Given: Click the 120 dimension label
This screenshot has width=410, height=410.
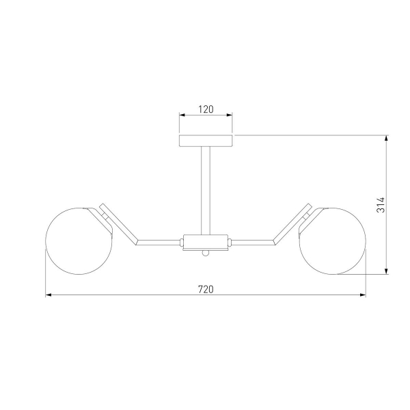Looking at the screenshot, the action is point(206,109).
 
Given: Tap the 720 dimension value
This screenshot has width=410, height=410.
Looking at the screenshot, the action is point(206,290).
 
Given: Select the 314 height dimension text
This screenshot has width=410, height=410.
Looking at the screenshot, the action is point(381,205).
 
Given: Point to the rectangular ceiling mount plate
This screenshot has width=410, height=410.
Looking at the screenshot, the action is point(206,141).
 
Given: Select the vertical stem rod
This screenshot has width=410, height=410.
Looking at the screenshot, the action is point(206,191).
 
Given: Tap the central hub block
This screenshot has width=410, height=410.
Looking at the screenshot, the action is point(205,243).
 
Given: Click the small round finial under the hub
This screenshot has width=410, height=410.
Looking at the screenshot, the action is point(206,253).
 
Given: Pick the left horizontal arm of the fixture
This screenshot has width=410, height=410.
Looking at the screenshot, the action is point(159,243).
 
